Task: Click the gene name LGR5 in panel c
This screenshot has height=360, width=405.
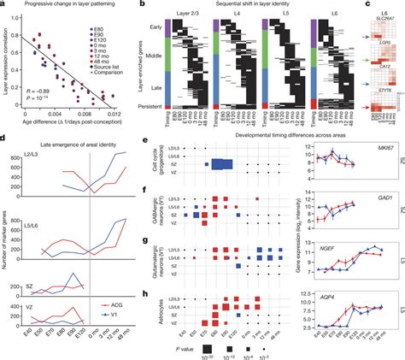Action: [382, 42]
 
